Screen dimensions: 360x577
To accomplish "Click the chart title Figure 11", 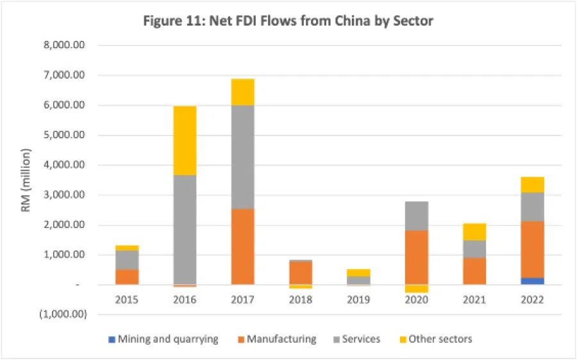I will coord(288,21).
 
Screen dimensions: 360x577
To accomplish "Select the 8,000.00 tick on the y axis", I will coord(69,45).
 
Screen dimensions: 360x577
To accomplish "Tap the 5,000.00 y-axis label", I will coord(69,135).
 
